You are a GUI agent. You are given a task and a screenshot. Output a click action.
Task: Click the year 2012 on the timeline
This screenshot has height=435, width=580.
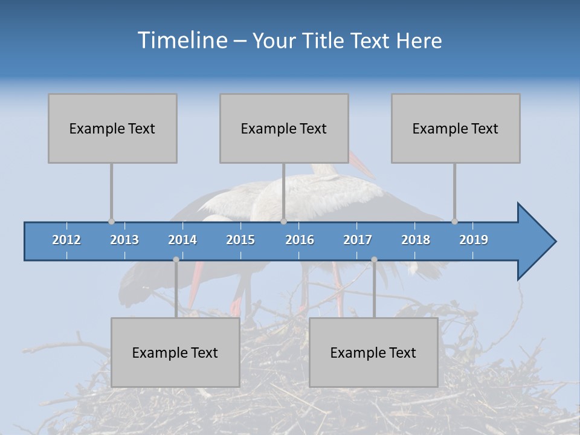[66, 240]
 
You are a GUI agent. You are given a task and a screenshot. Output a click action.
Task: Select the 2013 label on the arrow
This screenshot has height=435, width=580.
[124, 240]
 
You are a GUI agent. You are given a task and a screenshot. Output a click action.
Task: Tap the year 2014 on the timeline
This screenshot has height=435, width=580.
[182, 240]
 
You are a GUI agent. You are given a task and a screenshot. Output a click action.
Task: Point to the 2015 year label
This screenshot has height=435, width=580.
[240, 240]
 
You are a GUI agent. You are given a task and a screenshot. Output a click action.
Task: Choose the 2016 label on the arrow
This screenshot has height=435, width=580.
[300, 240]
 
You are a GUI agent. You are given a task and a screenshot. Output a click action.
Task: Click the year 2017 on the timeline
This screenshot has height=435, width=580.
[358, 240]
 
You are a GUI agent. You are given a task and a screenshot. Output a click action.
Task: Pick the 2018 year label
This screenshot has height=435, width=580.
[416, 240]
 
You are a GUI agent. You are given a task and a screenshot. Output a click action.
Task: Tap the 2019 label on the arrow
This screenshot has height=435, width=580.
[474, 240]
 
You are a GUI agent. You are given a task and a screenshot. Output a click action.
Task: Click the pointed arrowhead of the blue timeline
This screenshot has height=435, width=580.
[538, 242]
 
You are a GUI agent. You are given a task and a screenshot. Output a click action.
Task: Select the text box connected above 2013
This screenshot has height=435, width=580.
[112, 128]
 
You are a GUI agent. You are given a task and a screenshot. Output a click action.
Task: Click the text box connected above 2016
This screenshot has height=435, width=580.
[284, 128]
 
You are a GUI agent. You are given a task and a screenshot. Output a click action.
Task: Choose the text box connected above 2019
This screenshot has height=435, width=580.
[456, 128]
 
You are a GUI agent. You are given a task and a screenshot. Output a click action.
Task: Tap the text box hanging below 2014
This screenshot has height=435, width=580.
[175, 352]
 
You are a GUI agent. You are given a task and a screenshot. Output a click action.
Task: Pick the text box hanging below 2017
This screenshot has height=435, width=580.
[373, 352]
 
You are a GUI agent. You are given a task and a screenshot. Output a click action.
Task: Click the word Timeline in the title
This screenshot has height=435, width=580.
[182, 40]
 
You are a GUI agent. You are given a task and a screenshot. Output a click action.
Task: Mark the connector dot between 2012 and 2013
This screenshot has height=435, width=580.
[111, 221]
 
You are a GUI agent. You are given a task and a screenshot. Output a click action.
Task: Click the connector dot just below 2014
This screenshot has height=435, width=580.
[176, 259]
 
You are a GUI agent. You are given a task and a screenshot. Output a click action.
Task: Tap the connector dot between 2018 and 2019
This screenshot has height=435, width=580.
[454, 221]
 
